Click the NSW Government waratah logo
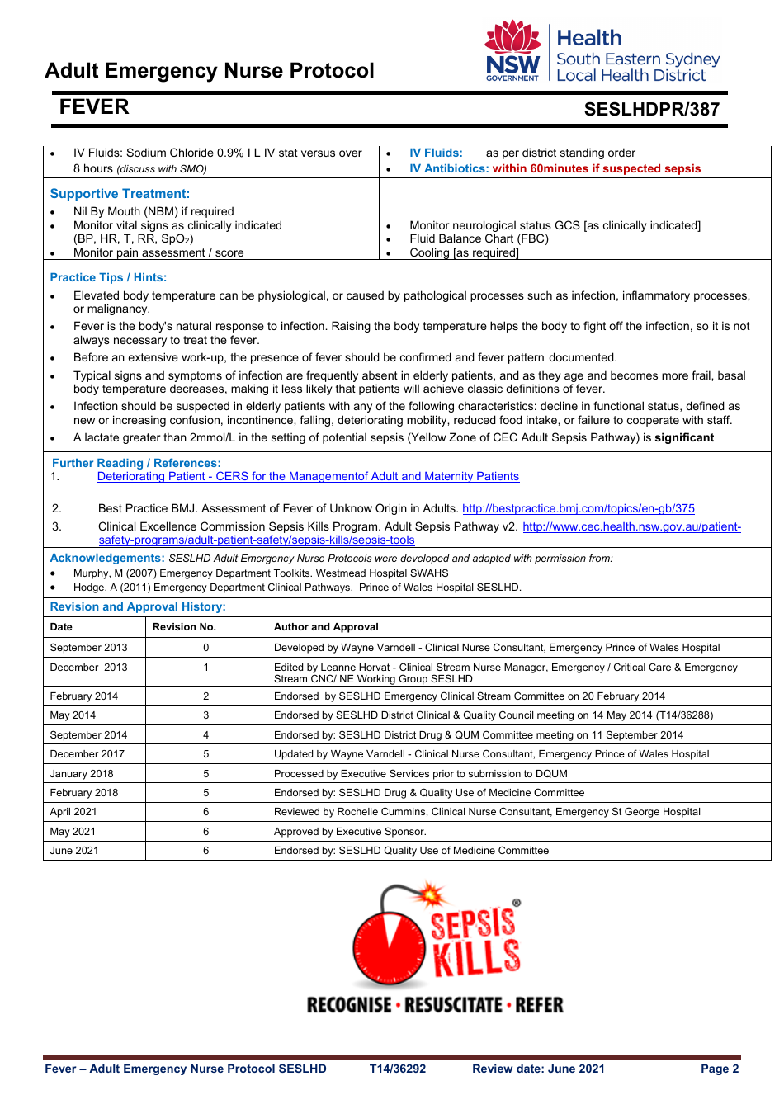coord(512,51)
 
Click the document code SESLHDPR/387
coord(651,110)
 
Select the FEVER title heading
coord(94,107)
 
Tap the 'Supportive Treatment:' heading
coord(120,194)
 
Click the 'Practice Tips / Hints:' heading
coord(108,278)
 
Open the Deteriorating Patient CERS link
coord(308,477)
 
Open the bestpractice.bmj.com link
coord(578,509)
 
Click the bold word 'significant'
coord(684,438)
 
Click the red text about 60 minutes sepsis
coord(596,169)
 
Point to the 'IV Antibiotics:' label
coord(449,169)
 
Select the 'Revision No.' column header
coord(184,627)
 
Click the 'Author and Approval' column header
coord(326,627)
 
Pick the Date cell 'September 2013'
coord(89,648)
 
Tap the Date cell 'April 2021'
coord(73,812)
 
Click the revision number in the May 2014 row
coord(206,715)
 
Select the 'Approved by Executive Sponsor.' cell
coord(350,832)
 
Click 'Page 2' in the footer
coord(720,1069)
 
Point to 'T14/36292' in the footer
coord(398,1069)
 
